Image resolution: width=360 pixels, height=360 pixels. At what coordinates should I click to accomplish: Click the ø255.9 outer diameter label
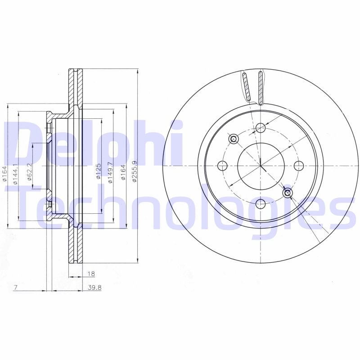pos(135,171)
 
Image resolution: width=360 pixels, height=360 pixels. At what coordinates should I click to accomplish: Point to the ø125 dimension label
pos(99,171)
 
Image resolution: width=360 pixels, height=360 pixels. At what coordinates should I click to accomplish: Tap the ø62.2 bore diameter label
pos(29,172)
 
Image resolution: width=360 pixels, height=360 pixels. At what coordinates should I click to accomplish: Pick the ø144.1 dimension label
pos(15,174)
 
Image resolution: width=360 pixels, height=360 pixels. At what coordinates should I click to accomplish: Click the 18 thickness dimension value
pos(91,274)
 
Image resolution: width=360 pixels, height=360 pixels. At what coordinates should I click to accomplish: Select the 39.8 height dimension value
pos(94,287)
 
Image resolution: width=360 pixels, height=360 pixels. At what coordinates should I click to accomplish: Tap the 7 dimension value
pos(15,287)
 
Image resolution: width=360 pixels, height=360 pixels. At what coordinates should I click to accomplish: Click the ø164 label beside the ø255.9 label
pos(123,172)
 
